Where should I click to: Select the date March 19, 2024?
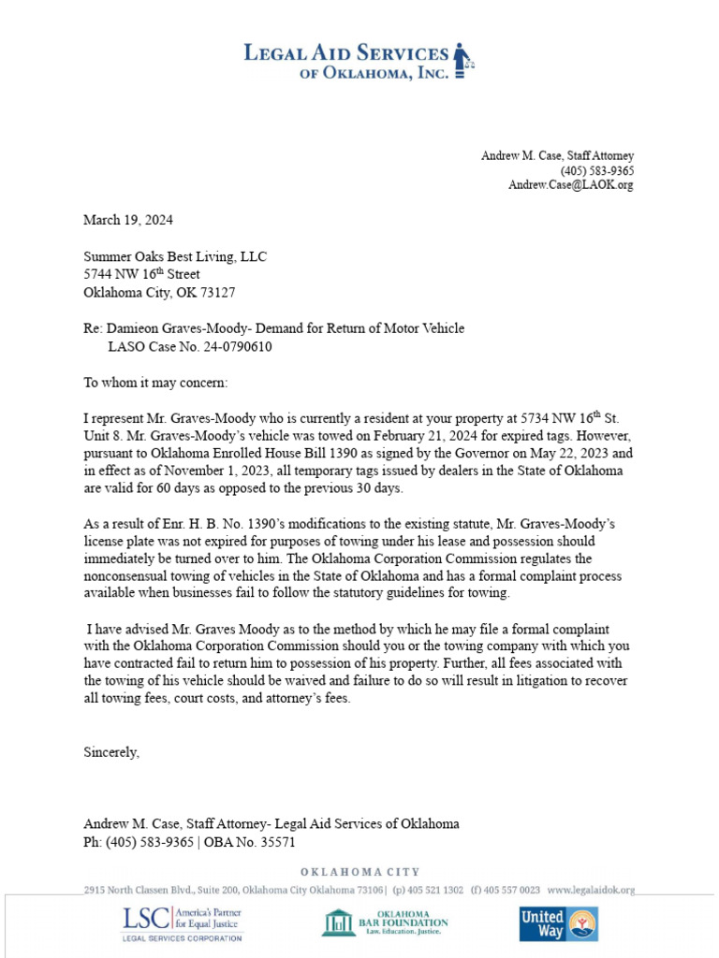[128, 221]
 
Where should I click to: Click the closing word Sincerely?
[111, 751]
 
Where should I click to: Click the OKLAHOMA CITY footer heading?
[359, 872]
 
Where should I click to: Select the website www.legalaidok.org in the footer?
[591, 890]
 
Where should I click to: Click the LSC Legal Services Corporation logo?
[181, 923]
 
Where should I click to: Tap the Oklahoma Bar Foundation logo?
[385, 923]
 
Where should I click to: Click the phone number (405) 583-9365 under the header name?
[597, 170]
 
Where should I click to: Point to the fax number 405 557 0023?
[510, 890]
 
